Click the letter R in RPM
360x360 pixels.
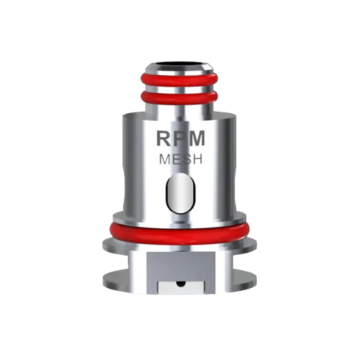tap(164, 139)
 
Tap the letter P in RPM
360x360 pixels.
tap(180, 139)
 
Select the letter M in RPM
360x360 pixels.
tap(197, 139)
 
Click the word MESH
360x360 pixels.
tap(181, 160)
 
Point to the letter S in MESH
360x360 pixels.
tap(186, 160)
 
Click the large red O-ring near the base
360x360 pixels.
tap(180, 229)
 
